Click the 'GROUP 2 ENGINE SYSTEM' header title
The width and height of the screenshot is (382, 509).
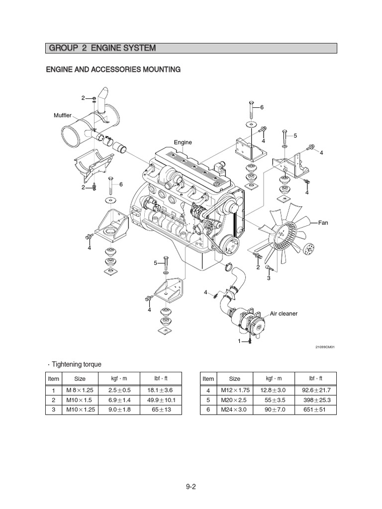pyautogui.click(x=102, y=48)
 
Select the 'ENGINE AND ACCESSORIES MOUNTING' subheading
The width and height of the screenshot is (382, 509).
pyautogui.click(x=113, y=70)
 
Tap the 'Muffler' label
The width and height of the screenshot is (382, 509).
pyautogui.click(x=63, y=115)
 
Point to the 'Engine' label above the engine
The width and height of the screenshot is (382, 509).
pyautogui.click(x=183, y=142)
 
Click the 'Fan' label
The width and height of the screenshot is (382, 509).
pyautogui.click(x=324, y=223)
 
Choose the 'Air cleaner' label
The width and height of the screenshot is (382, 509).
pyautogui.click(x=284, y=314)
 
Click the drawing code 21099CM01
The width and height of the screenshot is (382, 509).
pyautogui.click(x=324, y=347)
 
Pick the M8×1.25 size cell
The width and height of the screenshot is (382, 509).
pyautogui.click(x=80, y=391)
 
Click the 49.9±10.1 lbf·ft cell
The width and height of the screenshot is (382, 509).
pyautogui.click(x=161, y=400)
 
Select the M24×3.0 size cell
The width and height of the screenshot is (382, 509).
pyautogui.click(x=233, y=410)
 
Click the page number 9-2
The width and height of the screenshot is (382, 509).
pyautogui.click(x=191, y=487)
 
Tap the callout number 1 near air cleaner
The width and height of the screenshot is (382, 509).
pyautogui.click(x=239, y=341)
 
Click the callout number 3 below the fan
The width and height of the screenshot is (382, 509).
pyautogui.click(x=268, y=278)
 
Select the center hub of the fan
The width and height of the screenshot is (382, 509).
pyautogui.click(x=286, y=232)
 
